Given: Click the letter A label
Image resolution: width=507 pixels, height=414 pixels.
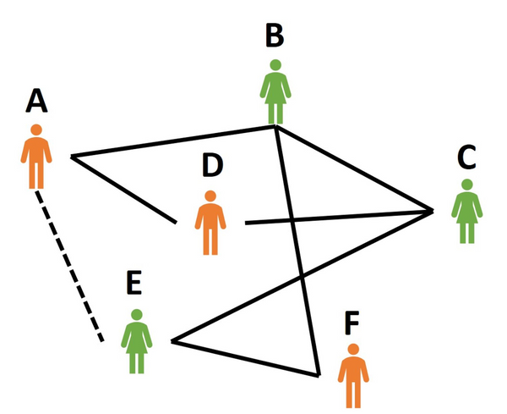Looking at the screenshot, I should pos(36,101).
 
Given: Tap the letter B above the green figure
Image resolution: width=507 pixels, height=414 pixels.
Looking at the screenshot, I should pos(275,36).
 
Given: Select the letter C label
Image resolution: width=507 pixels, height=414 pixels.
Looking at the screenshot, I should pos(466,157).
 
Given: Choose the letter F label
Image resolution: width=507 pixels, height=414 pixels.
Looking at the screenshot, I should pos(354,323).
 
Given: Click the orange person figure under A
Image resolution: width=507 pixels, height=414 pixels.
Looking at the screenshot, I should pos(36,157).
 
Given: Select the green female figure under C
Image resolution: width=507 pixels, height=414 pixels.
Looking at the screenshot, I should pos(466,212).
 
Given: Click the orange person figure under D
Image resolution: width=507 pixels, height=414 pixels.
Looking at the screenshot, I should pos(211,222).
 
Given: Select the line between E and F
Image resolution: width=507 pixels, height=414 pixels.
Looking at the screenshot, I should pos(245,358).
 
